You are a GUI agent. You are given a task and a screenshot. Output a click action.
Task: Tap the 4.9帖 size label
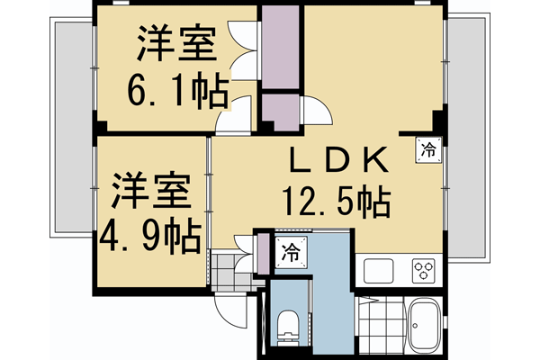tap(150, 236)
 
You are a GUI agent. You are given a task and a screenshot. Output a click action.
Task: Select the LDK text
tap(337, 160)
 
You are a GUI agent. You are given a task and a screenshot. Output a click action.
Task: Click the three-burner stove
tap(422, 269)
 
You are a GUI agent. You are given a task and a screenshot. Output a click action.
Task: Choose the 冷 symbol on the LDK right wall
tap(429, 148)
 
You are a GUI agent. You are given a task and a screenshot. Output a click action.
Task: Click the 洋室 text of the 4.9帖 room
tap(149, 193)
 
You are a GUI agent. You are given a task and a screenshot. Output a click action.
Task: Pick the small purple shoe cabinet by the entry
tap(263, 252)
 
